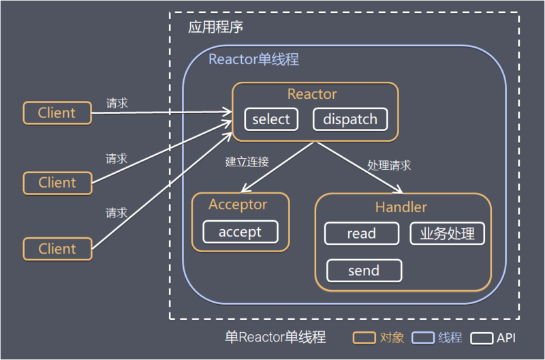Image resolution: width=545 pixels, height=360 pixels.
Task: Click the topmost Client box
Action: tap(57, 113)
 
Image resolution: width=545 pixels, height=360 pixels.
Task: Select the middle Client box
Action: tap(57, 183)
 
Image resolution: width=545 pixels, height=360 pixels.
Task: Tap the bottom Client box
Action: tap(57, 249)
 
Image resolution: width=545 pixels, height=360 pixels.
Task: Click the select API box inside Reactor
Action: tap(271, 119)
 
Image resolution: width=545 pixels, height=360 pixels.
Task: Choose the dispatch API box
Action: tap(350, 119)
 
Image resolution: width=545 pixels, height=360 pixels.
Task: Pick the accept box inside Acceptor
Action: tap(240, 232)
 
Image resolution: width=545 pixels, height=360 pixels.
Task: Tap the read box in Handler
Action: tap(361, 234)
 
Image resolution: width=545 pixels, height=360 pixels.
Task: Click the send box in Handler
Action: tap(364, 271)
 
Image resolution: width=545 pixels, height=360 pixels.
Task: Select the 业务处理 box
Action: tap(447, 234)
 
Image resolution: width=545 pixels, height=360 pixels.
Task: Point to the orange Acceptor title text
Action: tap(238, 205)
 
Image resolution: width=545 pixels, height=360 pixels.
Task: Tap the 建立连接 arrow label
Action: tap(247, 162)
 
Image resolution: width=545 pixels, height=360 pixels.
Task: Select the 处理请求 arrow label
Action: tap(389, 165)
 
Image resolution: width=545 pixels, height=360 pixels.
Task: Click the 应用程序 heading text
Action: tap(215, 28)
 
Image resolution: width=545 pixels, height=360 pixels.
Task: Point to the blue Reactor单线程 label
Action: tap(253, 59)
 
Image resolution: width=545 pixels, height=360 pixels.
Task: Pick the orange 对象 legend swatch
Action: tap(364, 337)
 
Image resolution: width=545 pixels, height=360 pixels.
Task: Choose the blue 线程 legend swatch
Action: tap(422, 337)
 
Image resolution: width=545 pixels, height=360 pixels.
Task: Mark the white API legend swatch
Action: tap(483, 337)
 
